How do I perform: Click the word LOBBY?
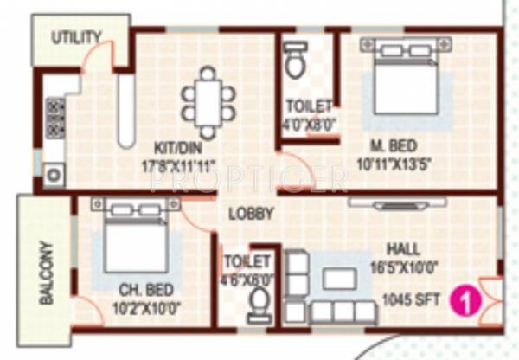251,214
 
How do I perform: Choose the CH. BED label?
144,289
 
